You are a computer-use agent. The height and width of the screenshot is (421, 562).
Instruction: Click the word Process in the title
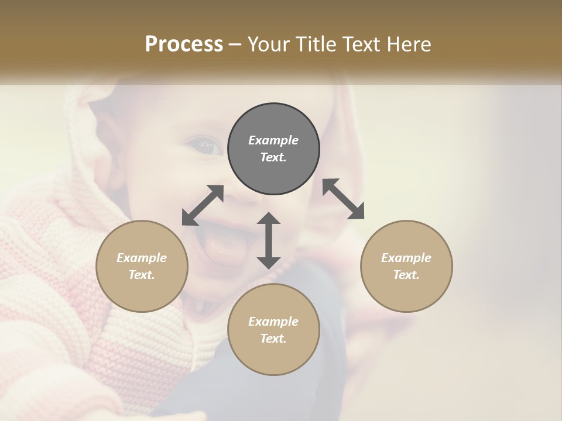(x=184, y=44)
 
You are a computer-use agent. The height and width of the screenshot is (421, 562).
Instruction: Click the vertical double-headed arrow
(x=269, y=240)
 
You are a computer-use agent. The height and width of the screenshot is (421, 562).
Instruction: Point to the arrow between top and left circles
(x=203, y=205)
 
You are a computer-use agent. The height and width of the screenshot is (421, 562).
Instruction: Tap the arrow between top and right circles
(x=344, y=199)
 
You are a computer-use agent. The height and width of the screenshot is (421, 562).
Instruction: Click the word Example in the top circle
(x=273, y=140)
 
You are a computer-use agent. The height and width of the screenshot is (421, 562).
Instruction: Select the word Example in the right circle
(x=406, y=258)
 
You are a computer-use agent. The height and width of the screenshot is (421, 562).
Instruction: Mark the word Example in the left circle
(x=142, y=258)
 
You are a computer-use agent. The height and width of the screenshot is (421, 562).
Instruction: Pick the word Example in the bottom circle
(x=273, y=322)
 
